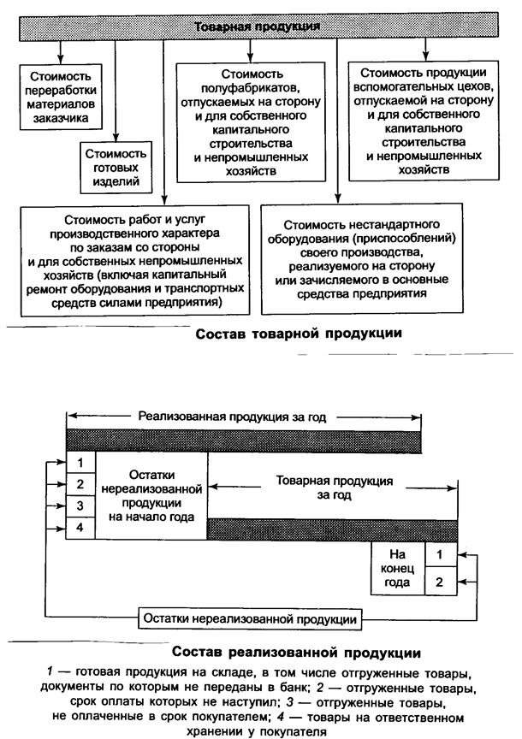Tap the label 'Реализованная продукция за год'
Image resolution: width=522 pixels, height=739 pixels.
244,417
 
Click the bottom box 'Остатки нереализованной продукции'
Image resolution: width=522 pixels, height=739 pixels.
247,618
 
